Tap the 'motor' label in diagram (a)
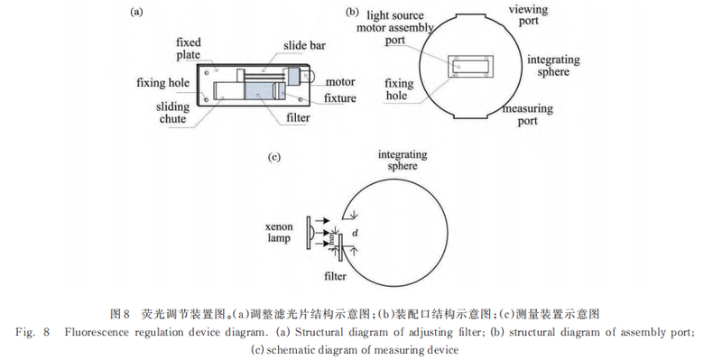pos(340,82)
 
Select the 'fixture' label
pos(340,98)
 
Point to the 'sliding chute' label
pos(172,113)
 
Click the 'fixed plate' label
pos(189,49)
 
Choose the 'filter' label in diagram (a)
pos(298,118)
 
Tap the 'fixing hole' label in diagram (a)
pos(162,83)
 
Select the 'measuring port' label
pos(528,115)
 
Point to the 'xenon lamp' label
pos(278,233)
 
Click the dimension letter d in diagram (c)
pos(355,234)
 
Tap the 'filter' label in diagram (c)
pos(335,277)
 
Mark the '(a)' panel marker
pos(136,13)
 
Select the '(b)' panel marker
pos(351,13)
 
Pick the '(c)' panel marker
pos(274,157)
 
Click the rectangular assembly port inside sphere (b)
pos(471,66)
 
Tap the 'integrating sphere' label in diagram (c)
pos(403,161)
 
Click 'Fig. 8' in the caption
pos(32,332)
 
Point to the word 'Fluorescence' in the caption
pos(96,332)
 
